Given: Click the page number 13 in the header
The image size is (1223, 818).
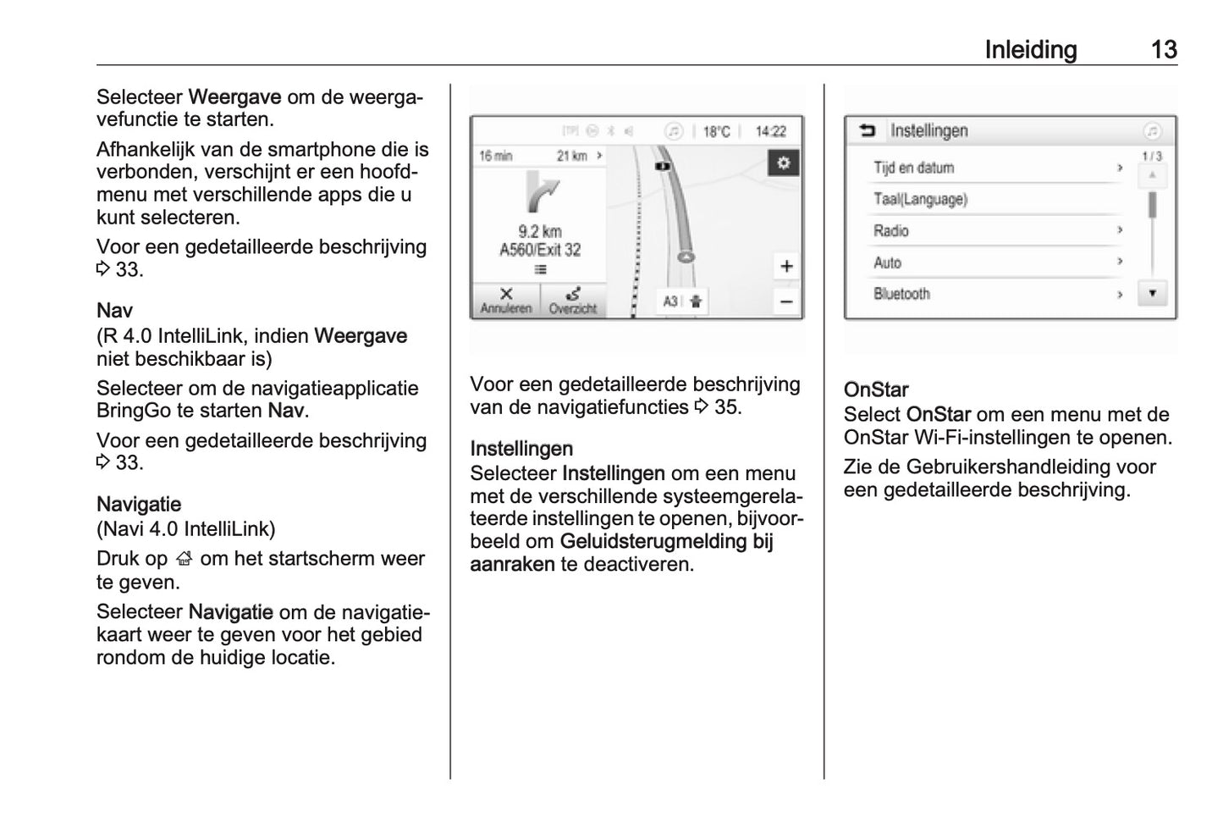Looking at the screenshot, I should (1164, 50).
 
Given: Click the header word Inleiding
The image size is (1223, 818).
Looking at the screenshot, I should (1030, 50).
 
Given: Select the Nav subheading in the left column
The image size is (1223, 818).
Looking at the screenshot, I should (114, 310).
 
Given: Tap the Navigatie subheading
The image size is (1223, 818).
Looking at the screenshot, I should (139, 505).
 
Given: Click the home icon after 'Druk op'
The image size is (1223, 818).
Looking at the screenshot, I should (184, 560).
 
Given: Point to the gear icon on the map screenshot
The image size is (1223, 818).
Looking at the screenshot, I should (784, 163).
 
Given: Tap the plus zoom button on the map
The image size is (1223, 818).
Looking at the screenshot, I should (786, 266).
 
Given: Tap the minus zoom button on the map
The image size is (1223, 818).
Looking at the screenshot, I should (786, 301).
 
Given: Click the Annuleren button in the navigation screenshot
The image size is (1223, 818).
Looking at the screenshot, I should (506, 301).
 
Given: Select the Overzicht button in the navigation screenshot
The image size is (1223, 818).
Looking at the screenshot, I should (573, 301).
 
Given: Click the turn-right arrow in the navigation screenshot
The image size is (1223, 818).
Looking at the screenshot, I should (542, 193).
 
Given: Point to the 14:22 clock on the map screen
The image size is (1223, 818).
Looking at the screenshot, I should (770, 131).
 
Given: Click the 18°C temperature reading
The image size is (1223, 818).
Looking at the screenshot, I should (716, 131).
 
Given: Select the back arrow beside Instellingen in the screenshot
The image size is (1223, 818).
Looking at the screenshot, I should (868, 130).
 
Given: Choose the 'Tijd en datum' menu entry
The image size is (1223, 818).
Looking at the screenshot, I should (914, 168).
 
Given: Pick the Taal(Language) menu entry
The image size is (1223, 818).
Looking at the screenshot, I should (921, 200).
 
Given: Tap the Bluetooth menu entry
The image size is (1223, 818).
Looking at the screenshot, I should (902, 294).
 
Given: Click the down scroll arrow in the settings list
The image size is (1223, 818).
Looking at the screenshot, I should (1152, 293).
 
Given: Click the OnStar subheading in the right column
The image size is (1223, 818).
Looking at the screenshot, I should (876, 390).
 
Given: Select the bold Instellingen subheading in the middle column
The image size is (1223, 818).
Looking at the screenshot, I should (521, 449).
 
